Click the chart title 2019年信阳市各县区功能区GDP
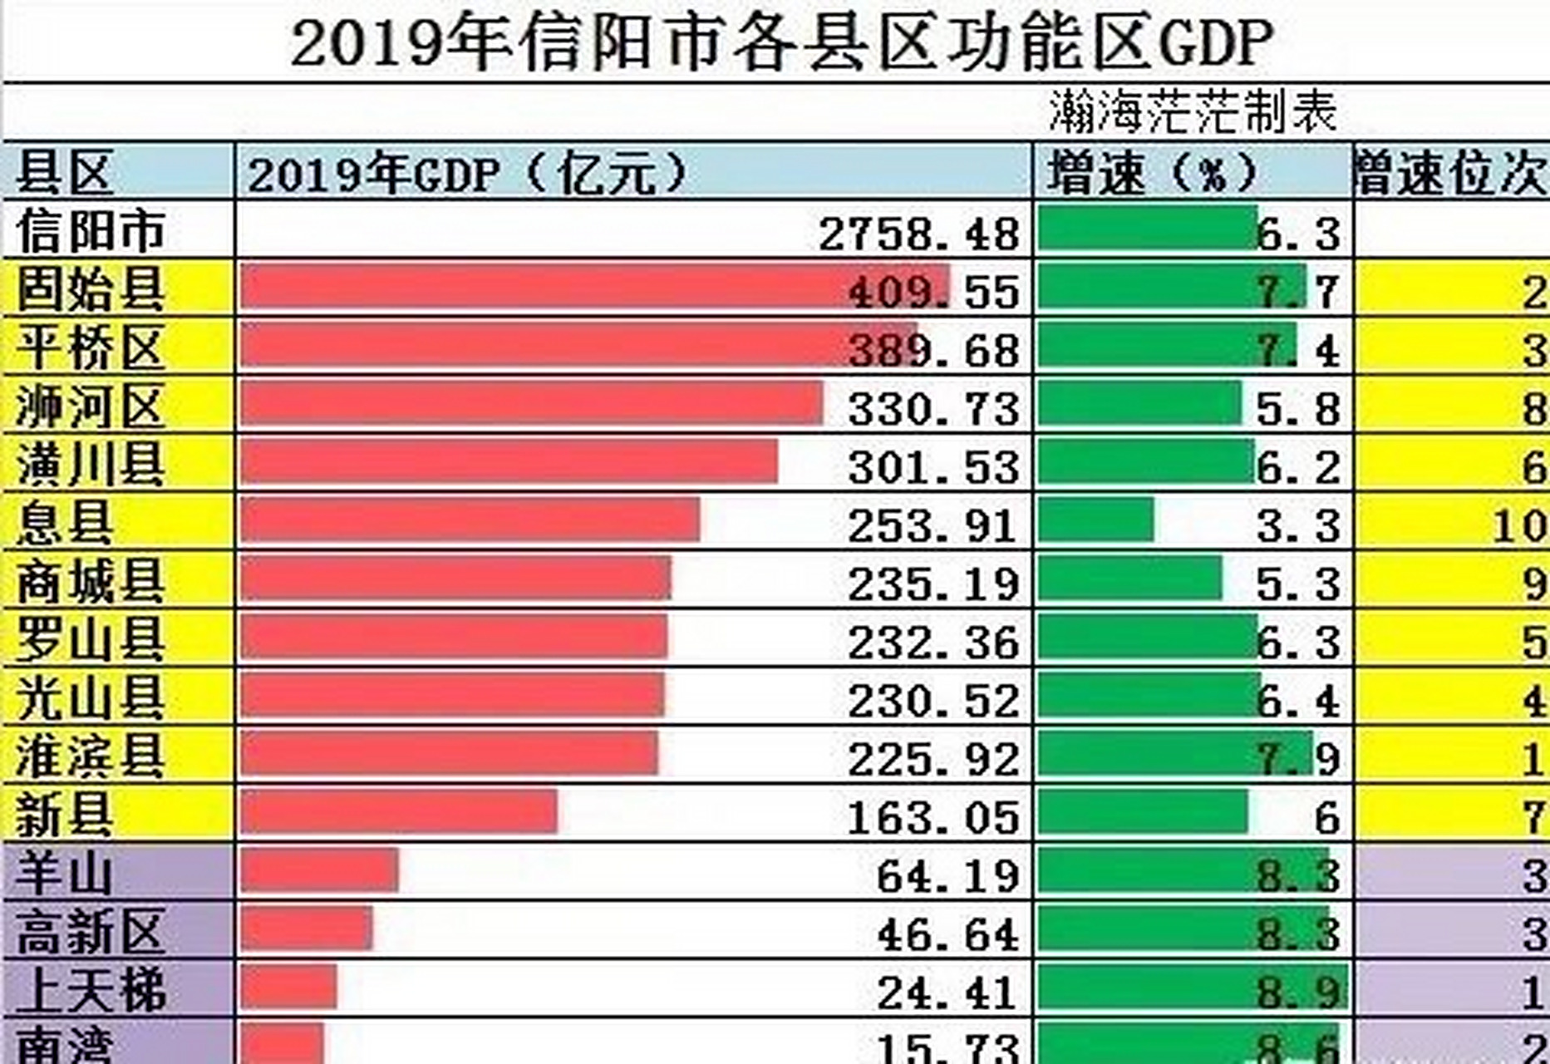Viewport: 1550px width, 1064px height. coord(781,43)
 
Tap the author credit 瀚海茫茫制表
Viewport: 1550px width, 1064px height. coord(1192,112)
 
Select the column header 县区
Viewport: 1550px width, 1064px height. coord(65,173)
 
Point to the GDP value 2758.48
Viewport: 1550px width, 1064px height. coord(919,234)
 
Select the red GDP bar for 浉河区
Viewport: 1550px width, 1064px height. coord(532,403)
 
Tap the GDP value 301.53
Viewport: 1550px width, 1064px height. coord(933,467)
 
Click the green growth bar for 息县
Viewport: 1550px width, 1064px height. coord(1096,520)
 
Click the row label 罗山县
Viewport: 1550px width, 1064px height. coord(90,641)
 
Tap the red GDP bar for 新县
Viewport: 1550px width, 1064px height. coord(399,812)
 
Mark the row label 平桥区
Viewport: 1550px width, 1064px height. coord(90,347)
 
